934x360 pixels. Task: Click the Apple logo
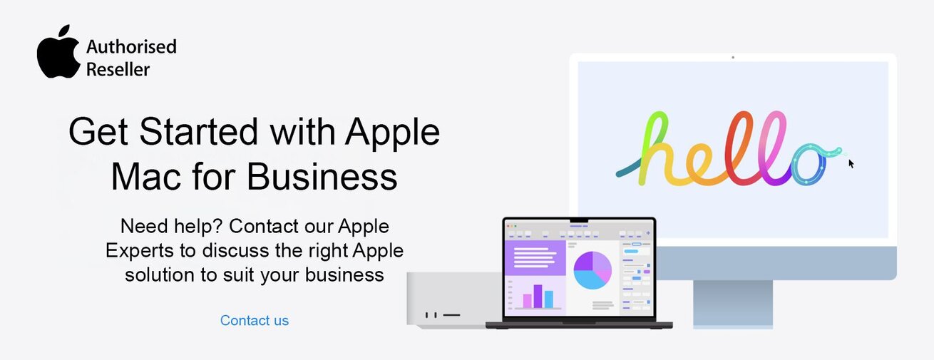(x=58, y=53)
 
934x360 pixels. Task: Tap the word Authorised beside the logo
(x=131, y=47)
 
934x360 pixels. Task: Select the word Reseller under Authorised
(x=118, y=69)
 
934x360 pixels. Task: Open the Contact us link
(x=255, y=321)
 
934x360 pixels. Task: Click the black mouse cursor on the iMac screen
(x=851, y=164)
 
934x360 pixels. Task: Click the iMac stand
(x=733, y=304)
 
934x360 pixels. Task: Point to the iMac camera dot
(x=733, y=57)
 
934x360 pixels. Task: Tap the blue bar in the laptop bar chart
(x=549, y=299)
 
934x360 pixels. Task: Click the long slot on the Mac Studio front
(x=451, y=314)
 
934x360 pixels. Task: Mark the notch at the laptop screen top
(x=578, y=220)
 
